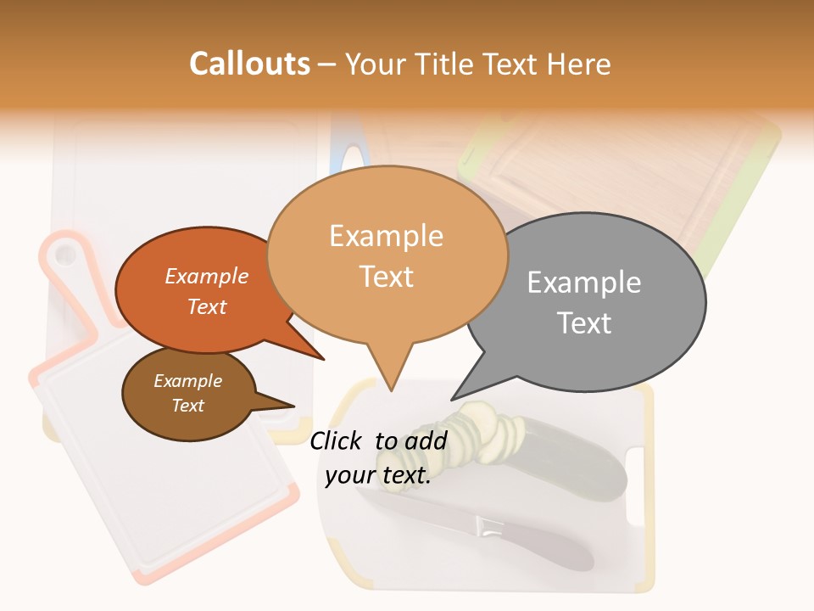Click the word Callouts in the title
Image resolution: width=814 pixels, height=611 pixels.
(x=249, y=64)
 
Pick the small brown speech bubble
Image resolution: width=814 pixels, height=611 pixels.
(x=188, y=394)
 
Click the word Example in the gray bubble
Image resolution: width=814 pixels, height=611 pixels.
(x=584, y=282)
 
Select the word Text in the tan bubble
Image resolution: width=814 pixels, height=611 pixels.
(x=387, y=277)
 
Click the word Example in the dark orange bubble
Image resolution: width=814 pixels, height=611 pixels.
(x=207, y=276)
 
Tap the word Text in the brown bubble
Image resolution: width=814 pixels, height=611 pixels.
(x=188, y=406)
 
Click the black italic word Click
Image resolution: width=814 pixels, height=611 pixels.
(x=337, y=440)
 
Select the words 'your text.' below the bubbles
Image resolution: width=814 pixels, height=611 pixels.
(x=378, y=476)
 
